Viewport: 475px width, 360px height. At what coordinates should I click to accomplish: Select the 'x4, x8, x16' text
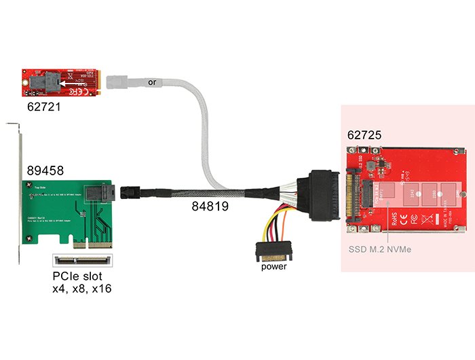tap(81, 289)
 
